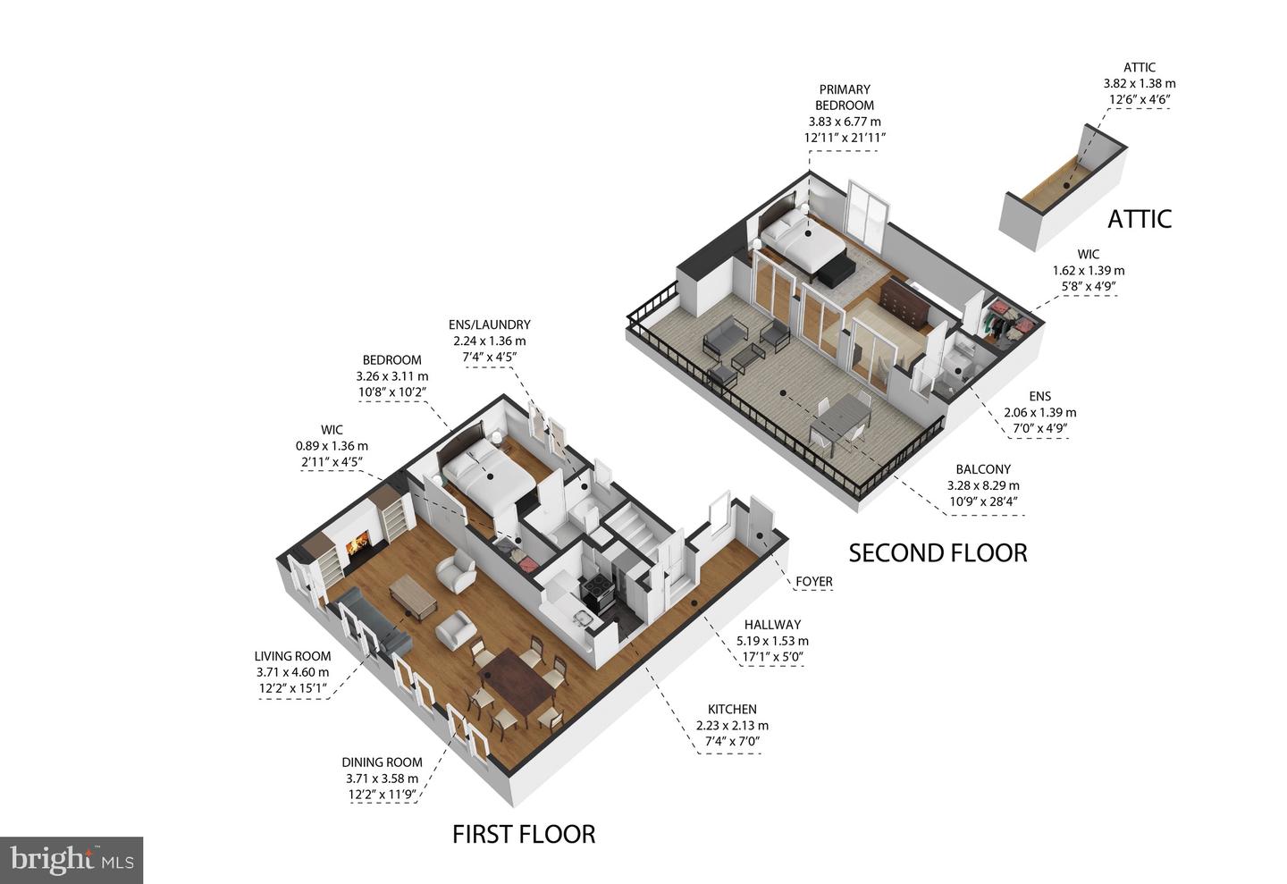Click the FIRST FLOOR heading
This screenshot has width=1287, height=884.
[x=523, y=834]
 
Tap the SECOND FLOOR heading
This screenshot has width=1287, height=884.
[x=938, y=552]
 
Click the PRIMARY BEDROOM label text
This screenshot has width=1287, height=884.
[x=844, y=97]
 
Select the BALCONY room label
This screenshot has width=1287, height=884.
[x=983, y=469]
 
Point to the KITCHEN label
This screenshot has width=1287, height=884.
[x=732, y=709]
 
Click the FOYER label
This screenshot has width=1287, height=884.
[x=813, y=582]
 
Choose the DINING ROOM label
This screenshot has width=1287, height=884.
[x=382, y=762]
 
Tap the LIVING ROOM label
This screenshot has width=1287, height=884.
[x=292, y=656]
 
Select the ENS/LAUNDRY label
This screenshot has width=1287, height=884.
[x=489, y=324]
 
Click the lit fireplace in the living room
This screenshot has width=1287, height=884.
[x=359, y=543]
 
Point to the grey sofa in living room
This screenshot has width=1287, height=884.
[x=374, y=626]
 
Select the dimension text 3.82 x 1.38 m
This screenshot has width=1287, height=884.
[x=1139, y=83]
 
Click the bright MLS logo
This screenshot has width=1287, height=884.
[x=71, y=860]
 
